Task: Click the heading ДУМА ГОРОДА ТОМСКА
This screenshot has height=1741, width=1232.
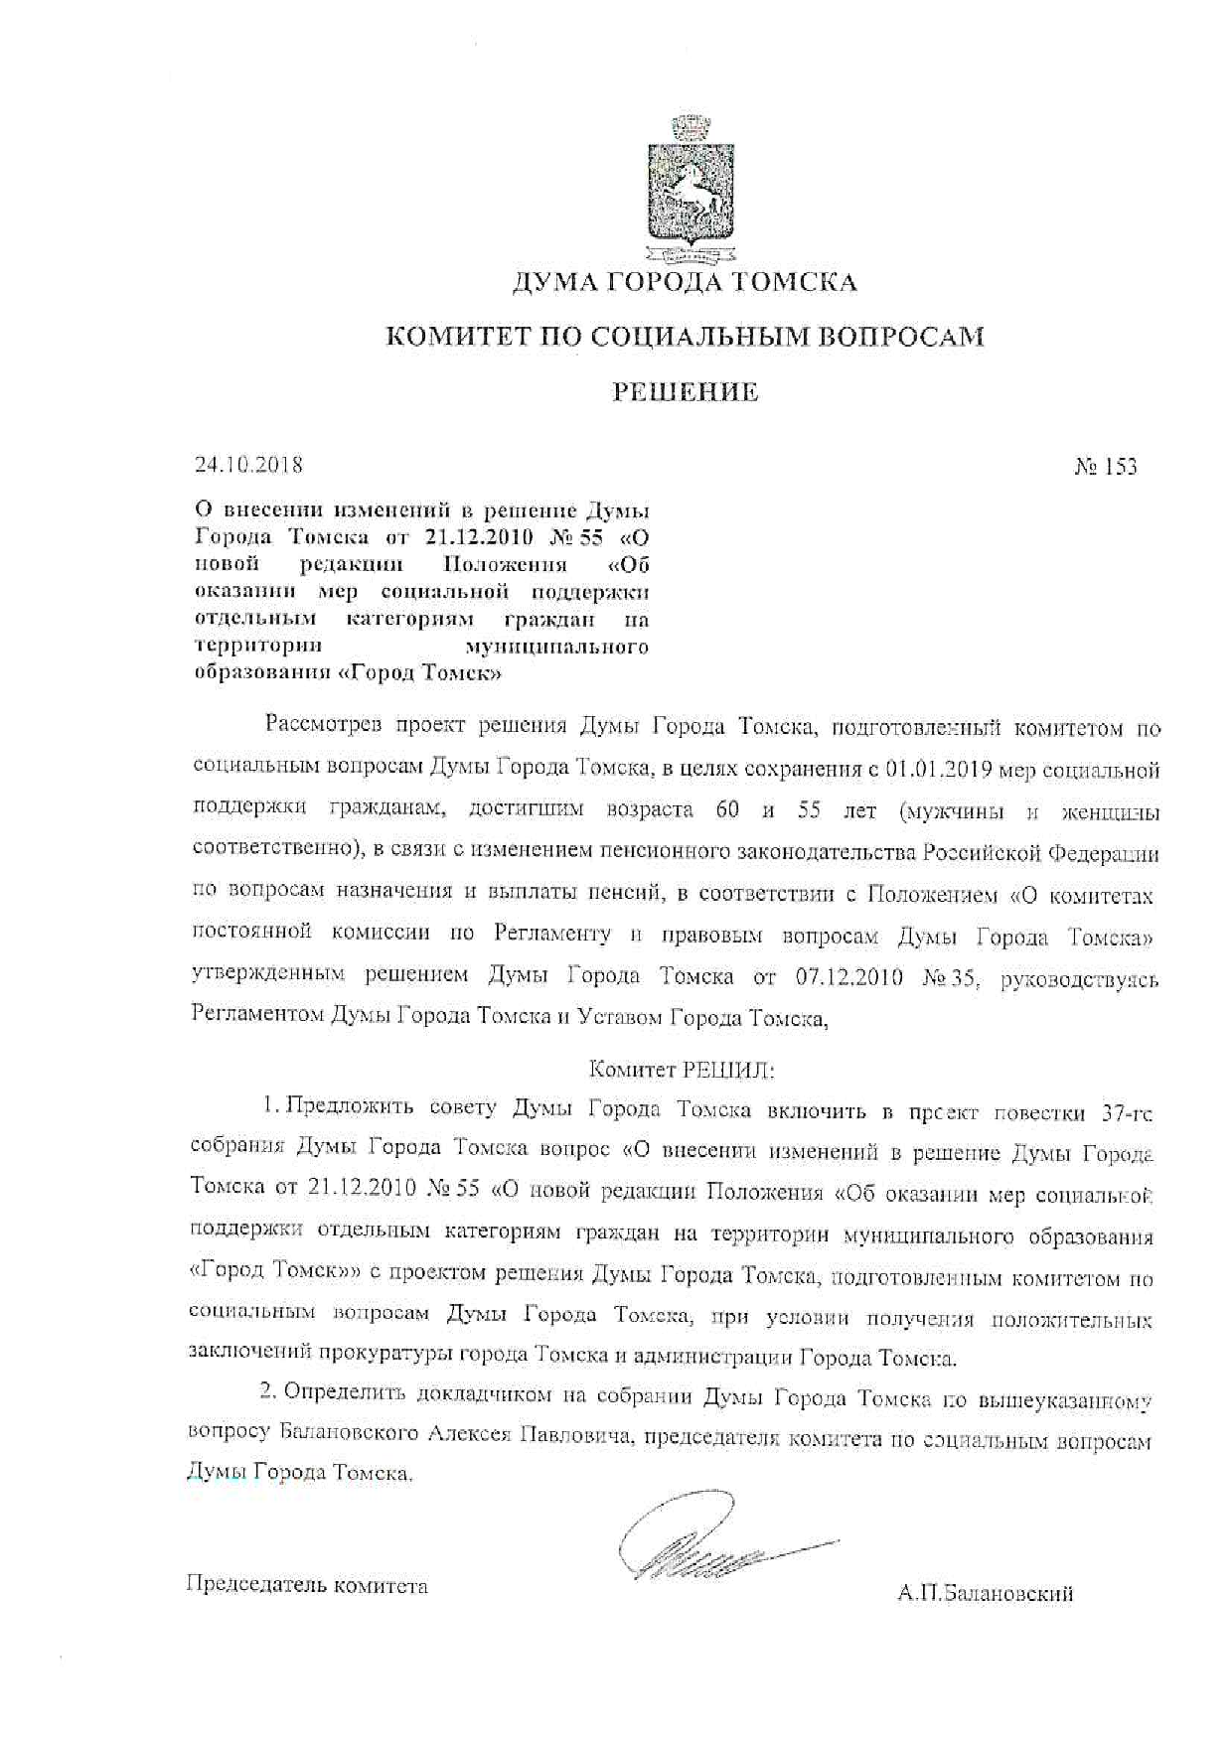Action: coord(684,283)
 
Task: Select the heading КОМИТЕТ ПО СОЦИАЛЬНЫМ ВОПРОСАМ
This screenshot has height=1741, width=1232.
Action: coord(685,337)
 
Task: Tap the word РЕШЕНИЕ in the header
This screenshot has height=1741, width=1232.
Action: coord(685,392)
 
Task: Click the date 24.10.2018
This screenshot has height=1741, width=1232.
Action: coord(248,464)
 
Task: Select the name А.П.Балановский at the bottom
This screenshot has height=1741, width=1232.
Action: coord(985,1594)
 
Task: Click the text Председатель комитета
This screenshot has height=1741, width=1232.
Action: coord(307,1585)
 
